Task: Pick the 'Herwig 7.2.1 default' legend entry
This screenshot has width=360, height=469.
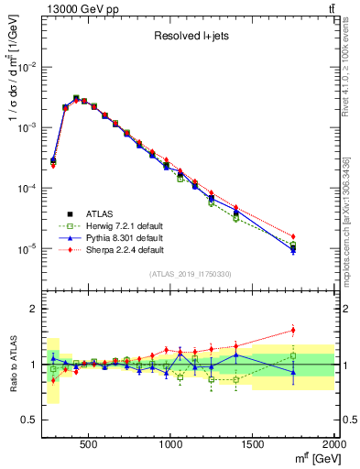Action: (x=115, y=226)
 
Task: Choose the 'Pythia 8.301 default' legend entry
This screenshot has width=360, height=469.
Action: (x=113, y=237)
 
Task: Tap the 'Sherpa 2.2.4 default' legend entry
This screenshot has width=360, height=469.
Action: (x=114, y=248)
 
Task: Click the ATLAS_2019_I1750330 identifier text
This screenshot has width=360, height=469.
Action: (x=191, y=273)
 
